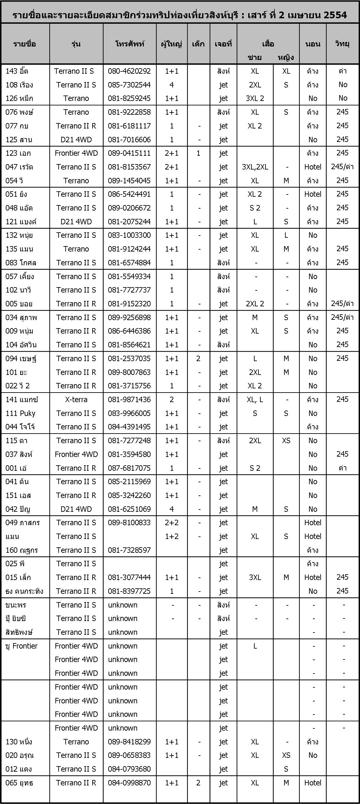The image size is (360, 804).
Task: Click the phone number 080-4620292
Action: [x=129, y=71]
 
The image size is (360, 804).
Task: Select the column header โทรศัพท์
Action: [x=129, y=44]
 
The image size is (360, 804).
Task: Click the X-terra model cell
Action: [x=76, y=400]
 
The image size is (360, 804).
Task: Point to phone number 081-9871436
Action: [x=129, y=400]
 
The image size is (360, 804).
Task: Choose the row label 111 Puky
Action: [x=20, y=413]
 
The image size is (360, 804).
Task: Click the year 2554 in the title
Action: [x=335, y=15]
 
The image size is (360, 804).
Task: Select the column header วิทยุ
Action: [x=342, y=44]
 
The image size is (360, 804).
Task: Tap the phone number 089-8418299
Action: [x=129, y=742]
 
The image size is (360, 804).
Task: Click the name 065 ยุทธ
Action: [x=19, y=783]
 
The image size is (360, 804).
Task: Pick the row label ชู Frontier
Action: [x=21, y=646]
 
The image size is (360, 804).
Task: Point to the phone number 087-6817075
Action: [x=129, y=468]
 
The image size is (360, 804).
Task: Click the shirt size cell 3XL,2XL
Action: [x=255, y=167]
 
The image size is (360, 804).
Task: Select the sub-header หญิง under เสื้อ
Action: [x=286, y=58]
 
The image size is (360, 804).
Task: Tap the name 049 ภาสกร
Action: [x=23, y=523]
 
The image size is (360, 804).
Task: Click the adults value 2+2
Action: [x=172, y=523]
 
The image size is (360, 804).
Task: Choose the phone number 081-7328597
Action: [x=129, y=550]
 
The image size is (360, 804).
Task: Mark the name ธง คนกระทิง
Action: [x=24, y=591]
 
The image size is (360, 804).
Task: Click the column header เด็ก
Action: [x=198, y=44]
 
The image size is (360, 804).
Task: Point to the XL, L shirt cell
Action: [x=255, y=400]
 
